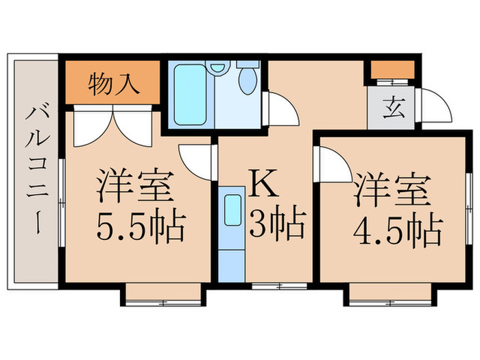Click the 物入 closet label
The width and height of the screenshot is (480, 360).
(x=115, y=84)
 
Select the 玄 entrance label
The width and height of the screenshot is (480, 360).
(x=392, y=108)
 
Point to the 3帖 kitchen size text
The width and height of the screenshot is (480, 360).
(x=276, y=224)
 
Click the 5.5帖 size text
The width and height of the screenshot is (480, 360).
(x=140, y=226)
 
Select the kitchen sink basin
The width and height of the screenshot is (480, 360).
(x=233, y=209)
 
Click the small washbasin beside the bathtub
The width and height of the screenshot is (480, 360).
(x=218, y=69)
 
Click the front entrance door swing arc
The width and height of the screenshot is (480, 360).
(x=434, y=107)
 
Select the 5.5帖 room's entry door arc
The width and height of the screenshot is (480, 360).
(x=196, y=160)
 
